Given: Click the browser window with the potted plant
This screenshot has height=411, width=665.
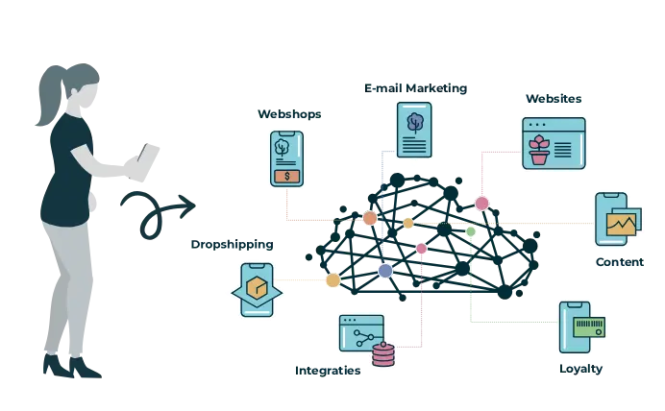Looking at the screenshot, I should point(553,144).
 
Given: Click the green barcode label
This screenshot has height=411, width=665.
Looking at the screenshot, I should point(589,326).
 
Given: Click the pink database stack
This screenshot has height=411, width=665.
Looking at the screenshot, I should point(383,354).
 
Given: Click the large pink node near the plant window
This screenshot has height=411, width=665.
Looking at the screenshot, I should point(481,203).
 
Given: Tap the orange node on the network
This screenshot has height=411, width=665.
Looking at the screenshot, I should point(370,218).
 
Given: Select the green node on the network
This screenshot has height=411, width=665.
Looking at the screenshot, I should point(470,231).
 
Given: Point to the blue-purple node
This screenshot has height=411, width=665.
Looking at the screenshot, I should point(385,271).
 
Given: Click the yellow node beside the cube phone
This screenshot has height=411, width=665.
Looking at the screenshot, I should point(332,280).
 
